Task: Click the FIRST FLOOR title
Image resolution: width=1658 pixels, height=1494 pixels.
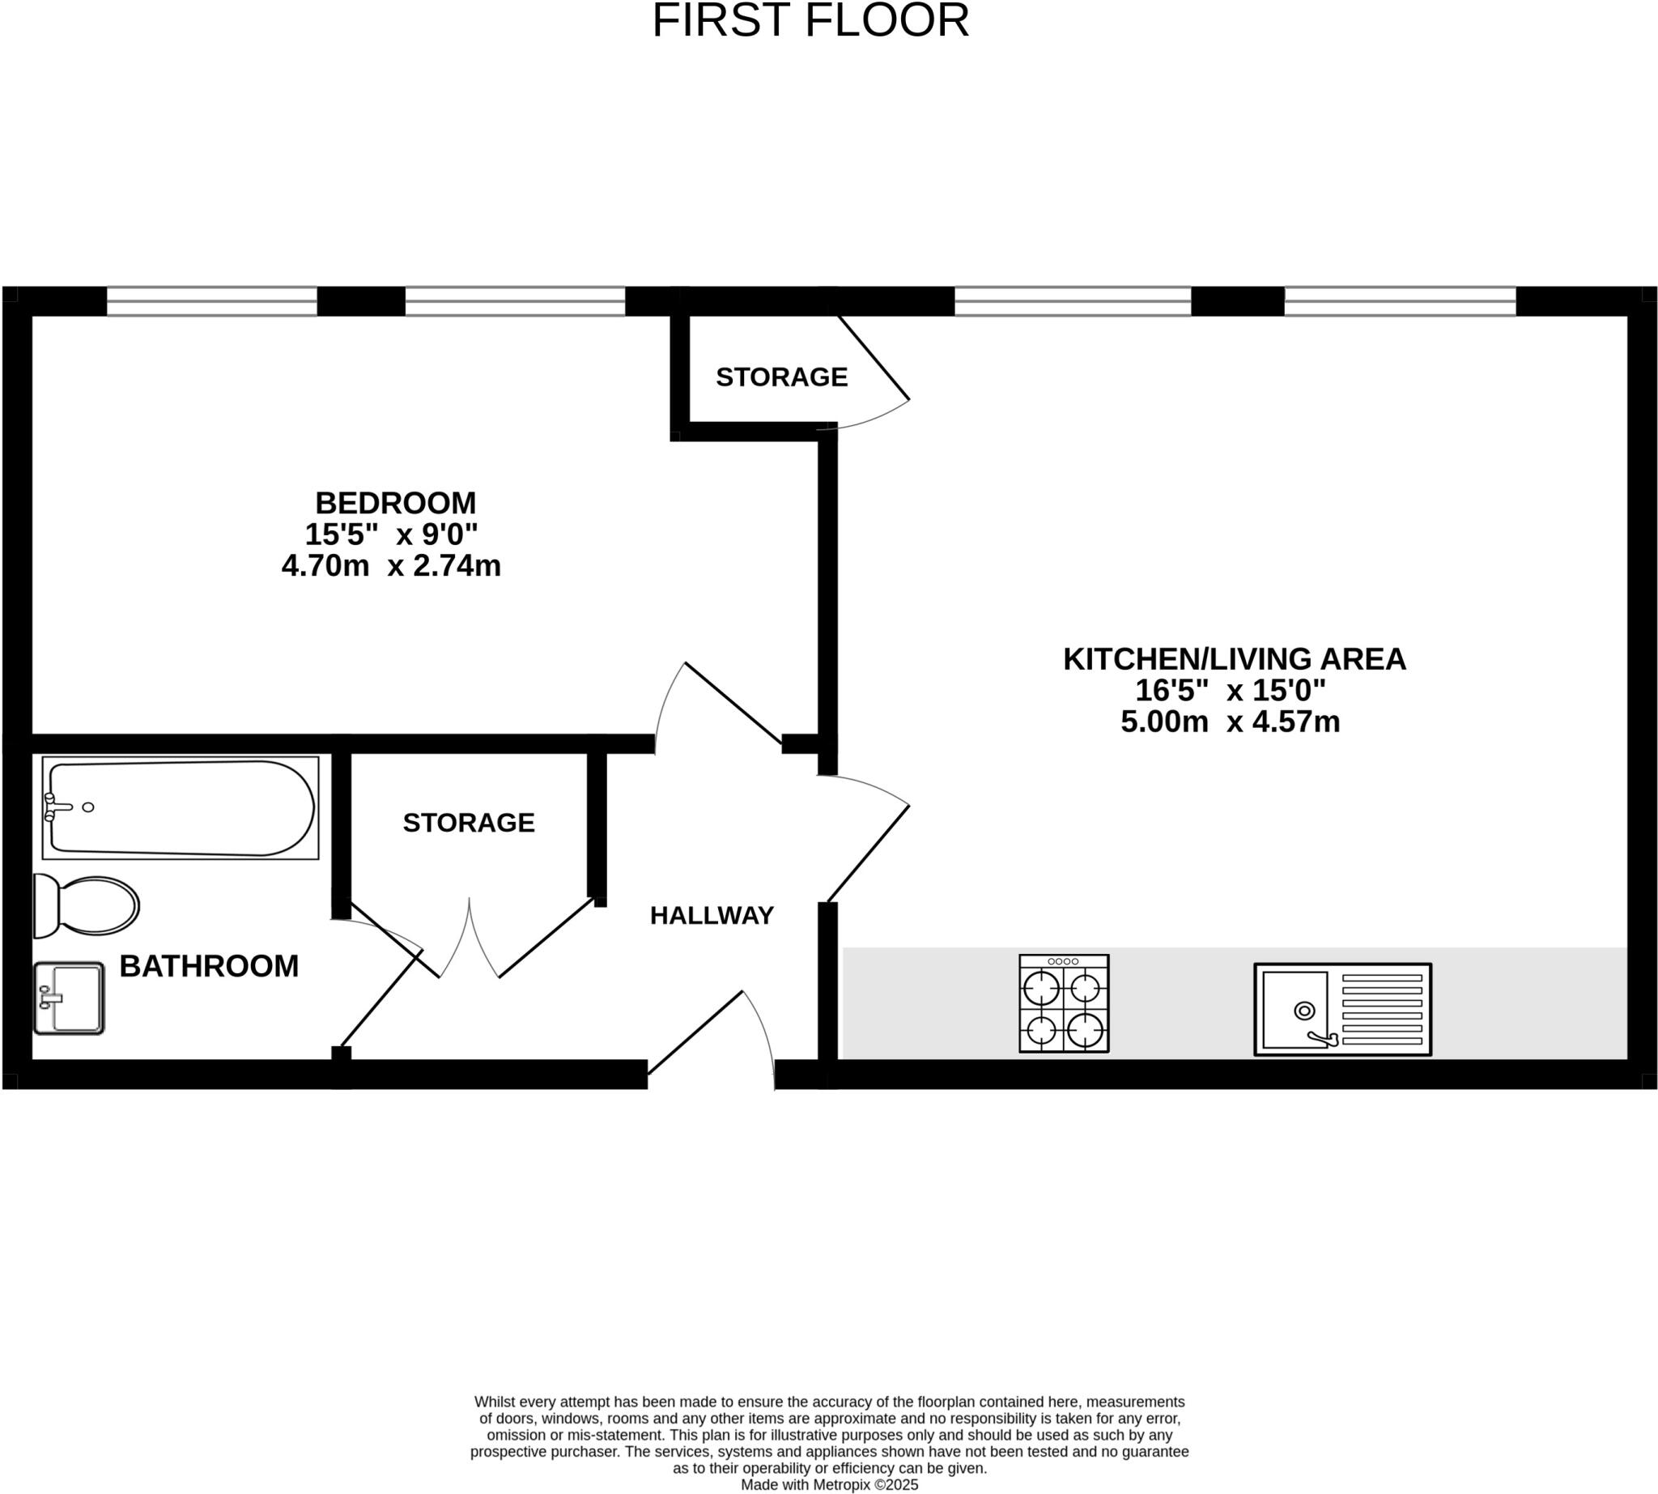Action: point(810,21)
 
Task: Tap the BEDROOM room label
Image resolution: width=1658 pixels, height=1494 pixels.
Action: point(395,502)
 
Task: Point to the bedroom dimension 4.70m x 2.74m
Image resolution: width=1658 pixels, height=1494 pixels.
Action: point(391,565)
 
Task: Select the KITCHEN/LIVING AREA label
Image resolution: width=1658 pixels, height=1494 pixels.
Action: point(1235,659)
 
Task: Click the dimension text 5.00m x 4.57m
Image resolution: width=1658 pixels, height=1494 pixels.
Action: point(1230,721)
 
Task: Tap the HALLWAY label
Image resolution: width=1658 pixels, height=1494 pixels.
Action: point(712,915)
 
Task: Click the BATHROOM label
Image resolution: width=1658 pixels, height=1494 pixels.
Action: point(209,966)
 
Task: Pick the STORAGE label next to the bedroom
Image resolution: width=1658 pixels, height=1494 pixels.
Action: point(781,377)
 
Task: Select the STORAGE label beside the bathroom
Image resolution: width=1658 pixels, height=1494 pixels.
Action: point(469,823)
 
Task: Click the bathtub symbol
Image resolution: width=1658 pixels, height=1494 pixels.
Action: point(180,808)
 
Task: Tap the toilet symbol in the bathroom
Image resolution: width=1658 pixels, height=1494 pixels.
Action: point(86,906)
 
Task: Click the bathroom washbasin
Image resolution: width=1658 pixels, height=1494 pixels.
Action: point(69,998)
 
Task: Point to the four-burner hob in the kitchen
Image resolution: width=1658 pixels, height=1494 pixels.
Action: point(1064,1003)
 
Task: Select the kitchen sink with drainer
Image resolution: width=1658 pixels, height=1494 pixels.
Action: point(1342,1009)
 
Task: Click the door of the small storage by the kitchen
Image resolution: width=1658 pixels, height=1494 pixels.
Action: point(874,358)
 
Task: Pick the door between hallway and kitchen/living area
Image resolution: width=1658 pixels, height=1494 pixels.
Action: point(869,853)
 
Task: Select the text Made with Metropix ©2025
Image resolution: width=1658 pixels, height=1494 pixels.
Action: point(829,1485)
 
